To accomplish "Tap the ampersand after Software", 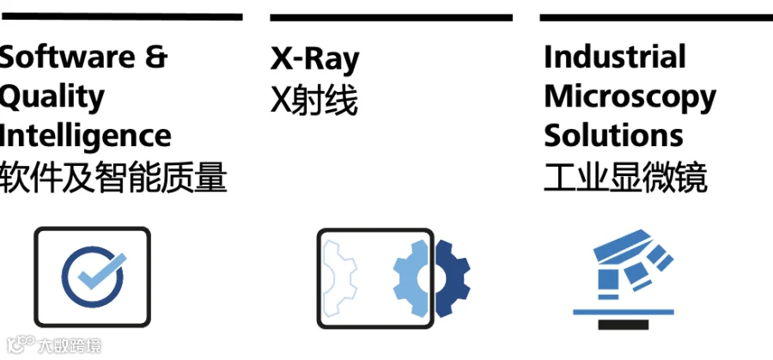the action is pos(153,57).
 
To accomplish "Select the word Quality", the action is pos(52,96).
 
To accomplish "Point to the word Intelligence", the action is pos(85,135).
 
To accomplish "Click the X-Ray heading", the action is pos(314,58).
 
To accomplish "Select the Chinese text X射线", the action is pos(313,100).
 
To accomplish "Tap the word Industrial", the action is pos(614,57).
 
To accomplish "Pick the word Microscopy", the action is pos(630,96).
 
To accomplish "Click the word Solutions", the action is pos(613,135).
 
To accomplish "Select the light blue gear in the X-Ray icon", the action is pos(411,277).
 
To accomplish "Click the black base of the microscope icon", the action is pos(624,323).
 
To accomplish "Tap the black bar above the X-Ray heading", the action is pos(391,17).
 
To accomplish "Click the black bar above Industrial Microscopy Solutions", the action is pos(655,17).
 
